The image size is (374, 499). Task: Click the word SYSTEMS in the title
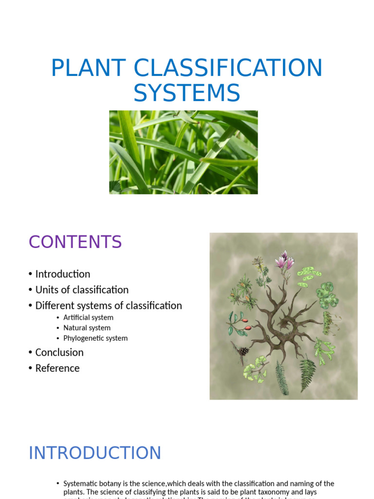click(187, 93)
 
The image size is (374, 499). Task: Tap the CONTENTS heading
click(75, 242)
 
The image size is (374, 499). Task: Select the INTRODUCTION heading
click(94, 453)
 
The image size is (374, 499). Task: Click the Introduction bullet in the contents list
click(62, 274)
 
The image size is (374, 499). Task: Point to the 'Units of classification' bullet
click(82, 290)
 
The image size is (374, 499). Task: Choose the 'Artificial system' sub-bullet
click(88, 318)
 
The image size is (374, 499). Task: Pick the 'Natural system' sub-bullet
click(87, 328)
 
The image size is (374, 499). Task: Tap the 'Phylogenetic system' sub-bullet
click(95, 338)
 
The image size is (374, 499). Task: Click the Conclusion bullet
click(59, 352)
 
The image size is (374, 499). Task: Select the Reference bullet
click(57, 368)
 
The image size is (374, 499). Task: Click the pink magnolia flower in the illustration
click(284, 262)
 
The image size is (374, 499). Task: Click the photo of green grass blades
click(184, 152)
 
